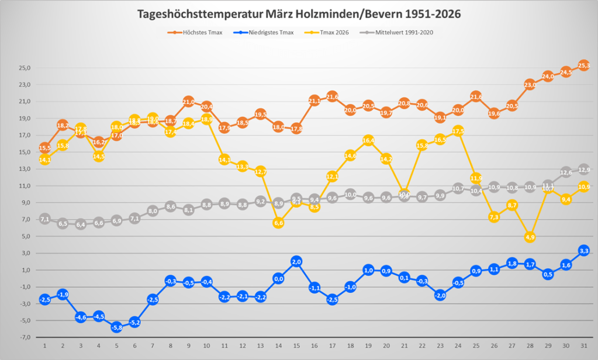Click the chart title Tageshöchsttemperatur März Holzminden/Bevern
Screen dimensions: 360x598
[299, 13]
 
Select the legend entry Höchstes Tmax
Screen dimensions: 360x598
[195, 33]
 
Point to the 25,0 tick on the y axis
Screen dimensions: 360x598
[25, 68]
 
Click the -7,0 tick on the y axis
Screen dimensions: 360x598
[25, 338]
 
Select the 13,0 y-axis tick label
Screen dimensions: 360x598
[25, 169]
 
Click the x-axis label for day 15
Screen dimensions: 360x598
[296, 346]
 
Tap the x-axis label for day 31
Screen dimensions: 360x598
[583, 346]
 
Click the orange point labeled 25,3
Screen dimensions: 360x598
[583, 65]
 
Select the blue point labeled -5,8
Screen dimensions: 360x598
[117, 327]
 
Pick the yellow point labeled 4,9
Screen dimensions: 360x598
[530, 237]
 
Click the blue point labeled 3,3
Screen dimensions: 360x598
[583, 251]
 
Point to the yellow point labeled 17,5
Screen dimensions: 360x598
[458, 131]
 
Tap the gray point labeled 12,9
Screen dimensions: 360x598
[583, 170]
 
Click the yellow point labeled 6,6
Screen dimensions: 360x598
[278, 223]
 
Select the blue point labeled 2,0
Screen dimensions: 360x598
[296, 262]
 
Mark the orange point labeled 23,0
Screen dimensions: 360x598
[530, 85]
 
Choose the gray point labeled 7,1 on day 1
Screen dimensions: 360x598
[45, 219]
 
